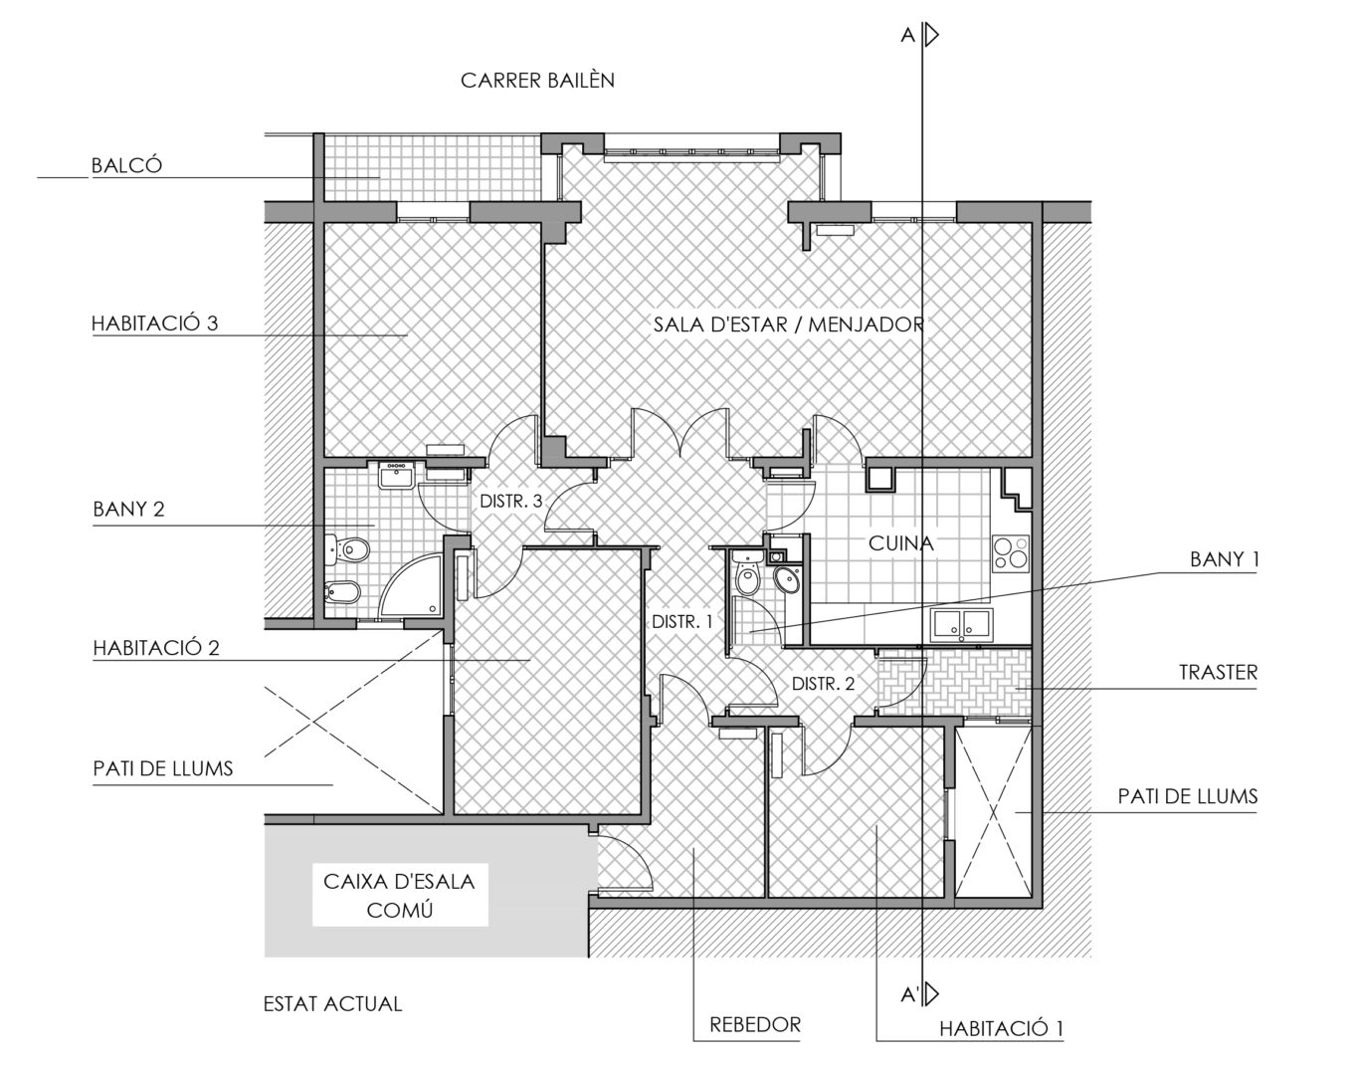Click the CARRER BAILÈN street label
537,81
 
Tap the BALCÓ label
127,165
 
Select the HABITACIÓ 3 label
154,323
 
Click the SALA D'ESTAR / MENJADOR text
788,324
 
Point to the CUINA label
901,543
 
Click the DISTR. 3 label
510,502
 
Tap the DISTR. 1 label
682,622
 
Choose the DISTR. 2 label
823,684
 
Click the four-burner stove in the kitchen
1011,553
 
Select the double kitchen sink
961,624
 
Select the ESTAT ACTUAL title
332,1004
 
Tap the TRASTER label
1218,673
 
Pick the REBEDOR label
755,1025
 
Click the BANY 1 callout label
1224,559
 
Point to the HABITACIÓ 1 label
1001,1029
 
